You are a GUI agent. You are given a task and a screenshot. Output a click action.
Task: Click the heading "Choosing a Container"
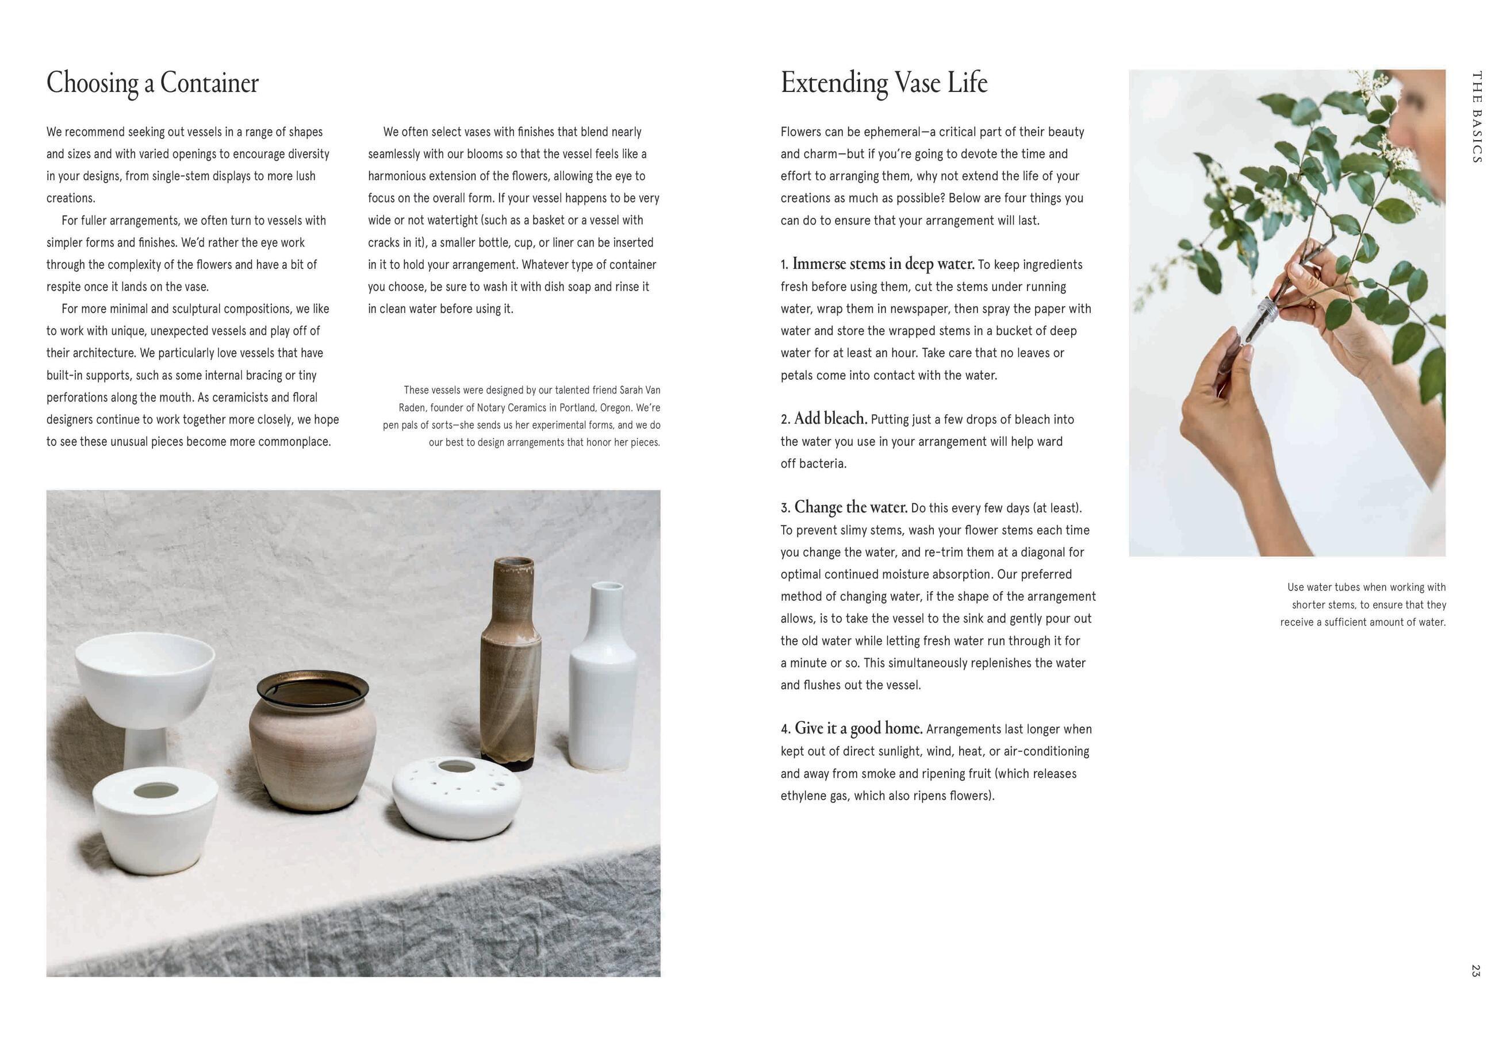click(152, 83)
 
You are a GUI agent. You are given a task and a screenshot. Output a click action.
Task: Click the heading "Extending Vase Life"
click(883, 83)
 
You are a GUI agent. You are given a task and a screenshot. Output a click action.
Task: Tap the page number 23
click(1475, 970)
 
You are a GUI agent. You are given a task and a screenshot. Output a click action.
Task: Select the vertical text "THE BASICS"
click(1476, 117)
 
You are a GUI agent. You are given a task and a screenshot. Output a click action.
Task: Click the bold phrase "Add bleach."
click(830, 418)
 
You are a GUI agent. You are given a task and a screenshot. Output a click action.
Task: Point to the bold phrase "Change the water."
click(850, 507)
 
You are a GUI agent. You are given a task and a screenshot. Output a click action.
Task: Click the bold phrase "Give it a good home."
click(858, 728)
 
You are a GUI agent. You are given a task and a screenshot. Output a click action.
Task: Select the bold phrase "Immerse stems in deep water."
click(883, 264)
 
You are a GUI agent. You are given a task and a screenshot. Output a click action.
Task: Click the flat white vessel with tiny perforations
click(457, 797)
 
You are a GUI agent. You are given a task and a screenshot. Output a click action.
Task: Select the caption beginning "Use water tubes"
click(1362, 604)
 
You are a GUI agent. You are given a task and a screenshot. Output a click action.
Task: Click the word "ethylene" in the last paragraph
click(803, 796)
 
